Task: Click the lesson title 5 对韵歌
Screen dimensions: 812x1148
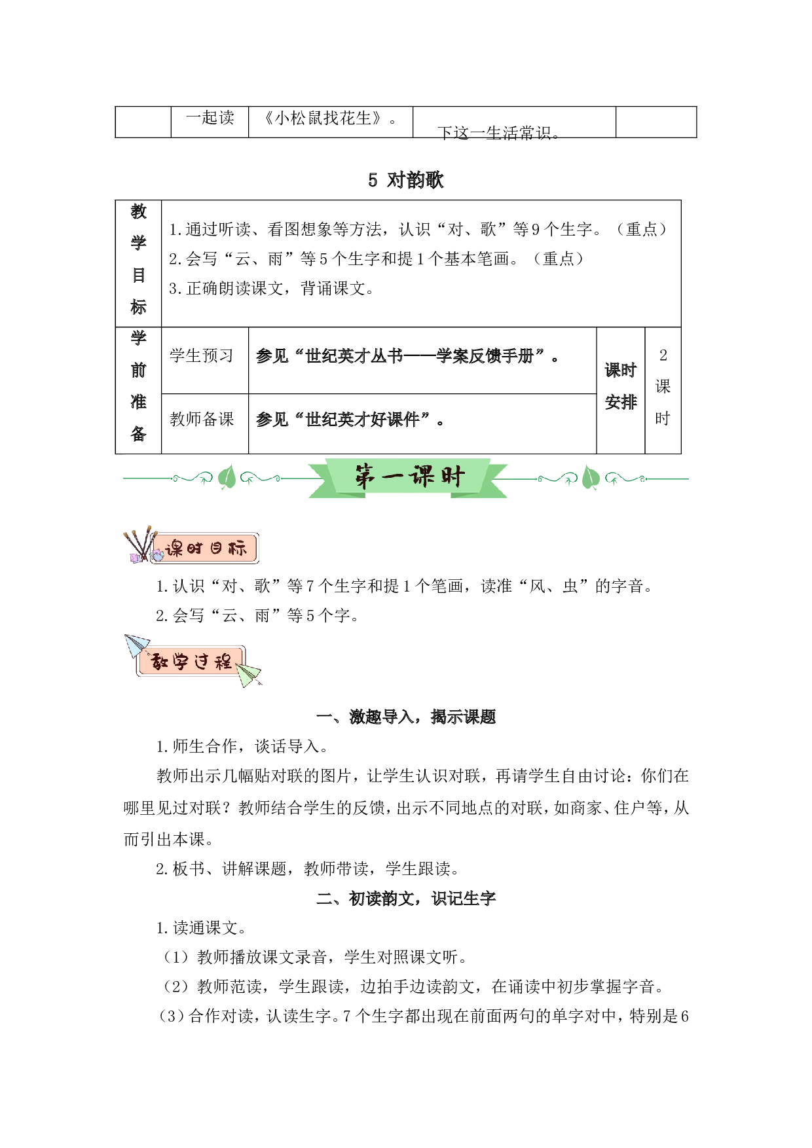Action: coord(406,180)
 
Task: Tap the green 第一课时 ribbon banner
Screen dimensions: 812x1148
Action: coord(408,478)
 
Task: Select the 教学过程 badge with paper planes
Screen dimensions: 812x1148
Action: coord(193,661)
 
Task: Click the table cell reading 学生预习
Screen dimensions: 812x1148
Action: coord(202,355)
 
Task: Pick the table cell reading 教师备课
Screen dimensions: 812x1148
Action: coord(202,419)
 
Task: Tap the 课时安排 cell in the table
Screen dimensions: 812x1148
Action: coord(621,386)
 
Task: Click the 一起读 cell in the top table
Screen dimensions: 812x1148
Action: coord(210,118)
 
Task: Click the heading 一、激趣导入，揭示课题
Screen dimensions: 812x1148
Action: coord(406,717)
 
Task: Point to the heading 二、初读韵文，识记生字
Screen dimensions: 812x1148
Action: coord(406,899)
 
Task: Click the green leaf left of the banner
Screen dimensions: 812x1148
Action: coord(227,477)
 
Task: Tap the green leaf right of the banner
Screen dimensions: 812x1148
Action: coord(591,477)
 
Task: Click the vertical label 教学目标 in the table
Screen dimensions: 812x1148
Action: coord(138,259)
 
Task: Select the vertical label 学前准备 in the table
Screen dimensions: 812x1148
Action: coord(138,386)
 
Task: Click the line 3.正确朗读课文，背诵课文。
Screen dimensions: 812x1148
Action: coord(272,289)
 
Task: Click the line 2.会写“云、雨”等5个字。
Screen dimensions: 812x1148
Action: coord(257,616)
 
